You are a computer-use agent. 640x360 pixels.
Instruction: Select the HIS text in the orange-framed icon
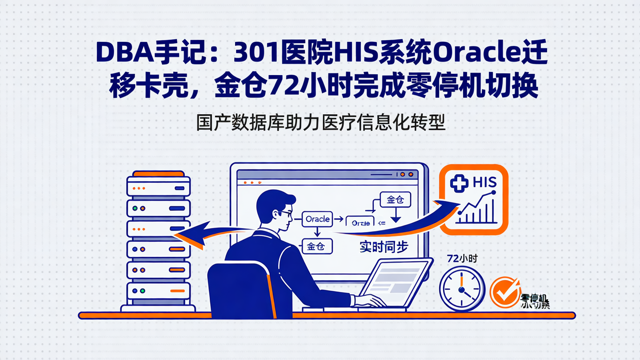(x=485, y=182)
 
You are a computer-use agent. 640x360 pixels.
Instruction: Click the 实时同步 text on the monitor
(x=384, y=248)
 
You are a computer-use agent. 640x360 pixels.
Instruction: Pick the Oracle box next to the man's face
(x=317, y=219)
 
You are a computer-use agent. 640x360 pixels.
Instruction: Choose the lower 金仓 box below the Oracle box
(x=317, y=246)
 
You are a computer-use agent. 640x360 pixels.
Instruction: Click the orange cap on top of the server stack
(x=158, y=173)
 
